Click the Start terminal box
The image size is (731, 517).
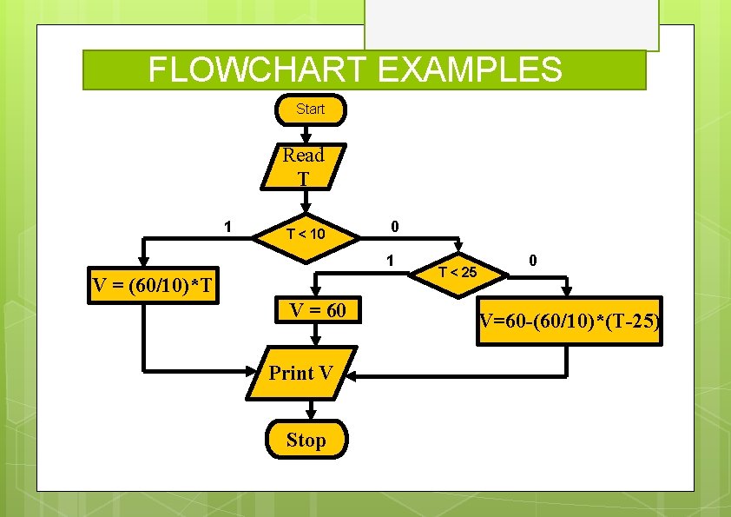tap(310, 109)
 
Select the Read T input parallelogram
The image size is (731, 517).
tap(302, 167)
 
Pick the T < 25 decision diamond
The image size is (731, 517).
tap(457, 273)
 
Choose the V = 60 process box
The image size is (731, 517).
tap(317, 310)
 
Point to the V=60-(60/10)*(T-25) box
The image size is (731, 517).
tap(570, 323)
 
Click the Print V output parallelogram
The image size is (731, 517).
tap(301, 374)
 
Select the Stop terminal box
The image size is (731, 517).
tap(306, 440)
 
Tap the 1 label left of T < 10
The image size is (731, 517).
tap(227, 227)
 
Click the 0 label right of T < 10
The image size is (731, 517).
tap(394, 227)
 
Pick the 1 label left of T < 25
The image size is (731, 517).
tap(392, 260)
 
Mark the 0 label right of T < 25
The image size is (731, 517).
tap(533, 260)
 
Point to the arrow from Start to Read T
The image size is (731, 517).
tap(306, 134)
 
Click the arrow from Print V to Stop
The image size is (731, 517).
tap(306, 410)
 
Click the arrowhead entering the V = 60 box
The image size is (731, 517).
tap(317, 292)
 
